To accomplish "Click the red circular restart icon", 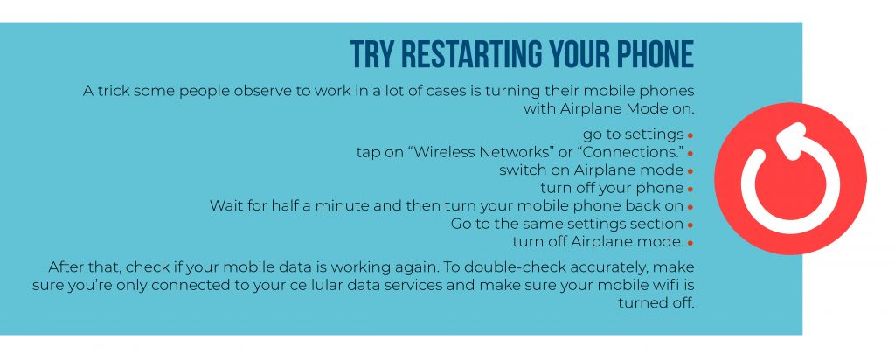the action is click(x=790, y=178).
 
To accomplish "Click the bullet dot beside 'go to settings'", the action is click(x=690, y=135).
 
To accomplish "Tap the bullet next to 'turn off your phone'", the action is click(x=690, y=190).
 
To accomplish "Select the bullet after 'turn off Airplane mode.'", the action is click(x=690, y=243).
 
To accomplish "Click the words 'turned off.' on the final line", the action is click(x=656, y=302).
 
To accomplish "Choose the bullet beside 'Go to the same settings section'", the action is click(x=690, y=225).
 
